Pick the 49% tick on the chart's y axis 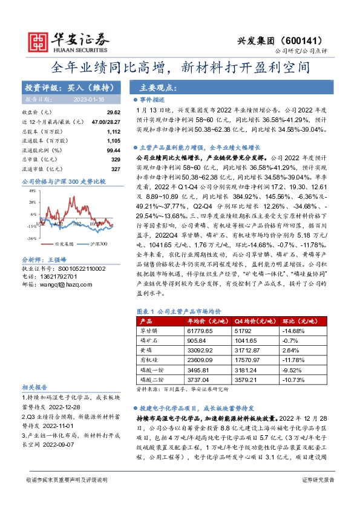click(x=31, y=190)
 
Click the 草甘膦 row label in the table click(x=149, y=330)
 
